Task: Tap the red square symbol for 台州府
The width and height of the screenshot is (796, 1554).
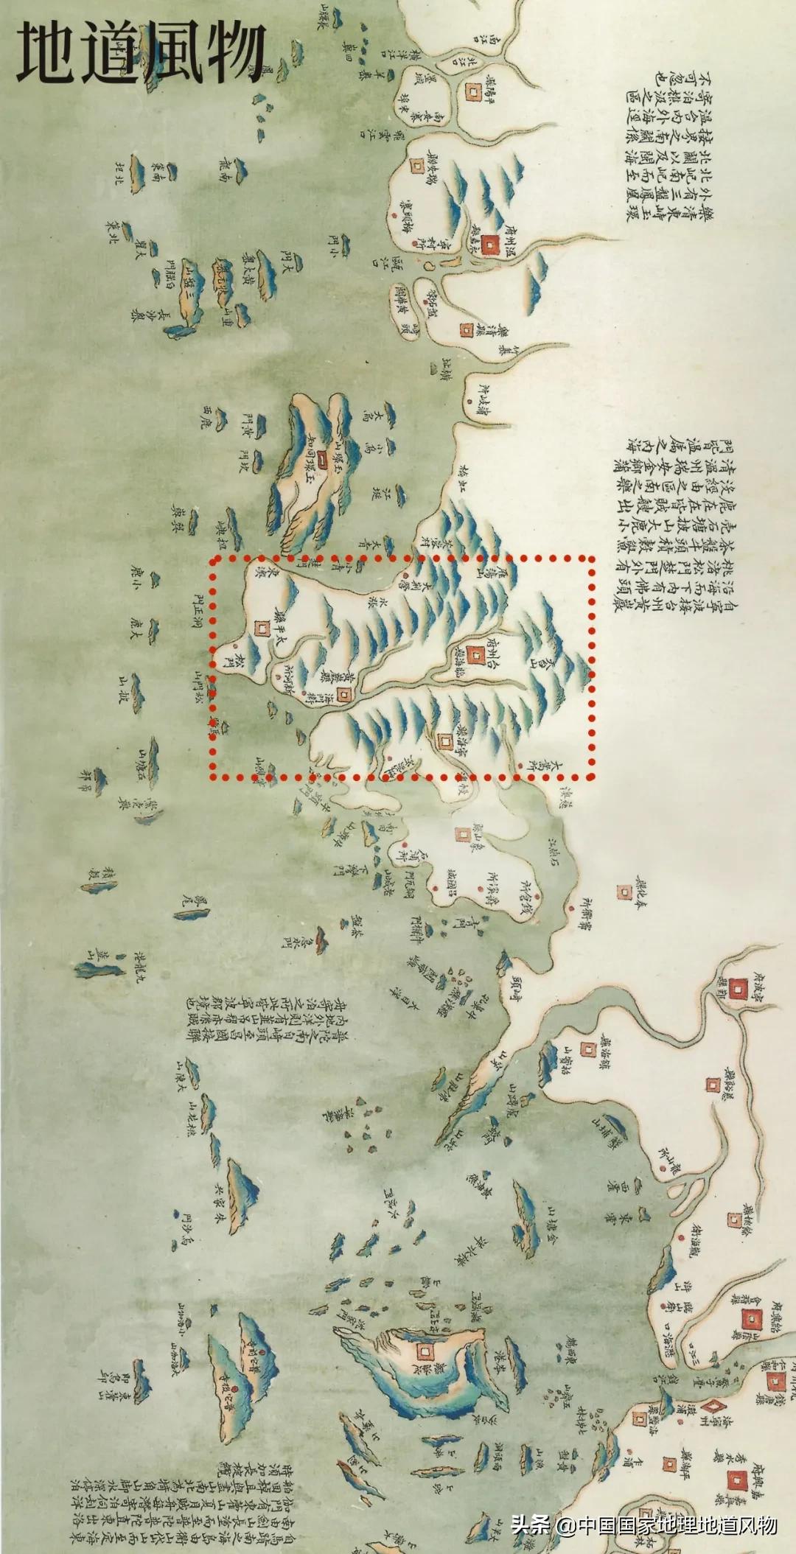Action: tap(472, 651)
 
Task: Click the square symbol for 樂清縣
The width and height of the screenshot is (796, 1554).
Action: tap(466, 330)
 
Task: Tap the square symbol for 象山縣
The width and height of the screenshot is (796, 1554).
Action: tap(462, 835)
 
